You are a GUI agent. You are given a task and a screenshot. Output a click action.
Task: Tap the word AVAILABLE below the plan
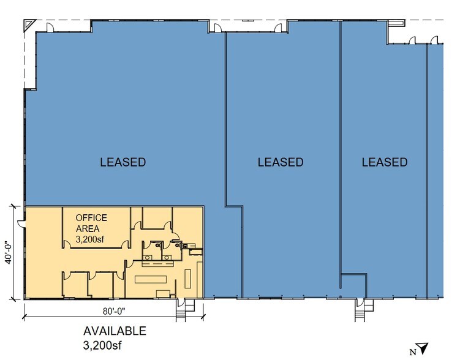tap(115, 331)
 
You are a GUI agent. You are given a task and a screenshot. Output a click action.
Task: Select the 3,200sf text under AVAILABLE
tap(103, 345)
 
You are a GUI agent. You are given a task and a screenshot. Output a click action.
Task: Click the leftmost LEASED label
tap(123, 162)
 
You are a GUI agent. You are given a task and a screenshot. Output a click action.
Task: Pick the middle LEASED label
tap(280, 162)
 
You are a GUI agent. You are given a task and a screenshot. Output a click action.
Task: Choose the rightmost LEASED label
tap(384, 162)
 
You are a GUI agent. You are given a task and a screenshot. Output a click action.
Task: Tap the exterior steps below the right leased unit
tap(360, 313)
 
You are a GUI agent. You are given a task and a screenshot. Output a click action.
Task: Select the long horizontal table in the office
tap(151, 279)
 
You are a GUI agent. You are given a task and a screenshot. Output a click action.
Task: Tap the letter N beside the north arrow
tap(413, 351)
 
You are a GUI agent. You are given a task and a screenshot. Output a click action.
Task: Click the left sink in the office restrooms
tap(148, 258)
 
